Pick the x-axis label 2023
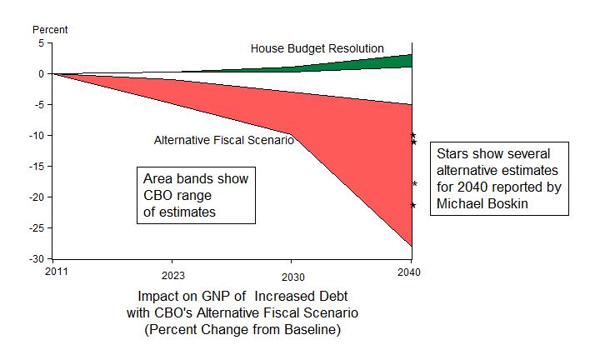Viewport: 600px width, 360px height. (174, 276)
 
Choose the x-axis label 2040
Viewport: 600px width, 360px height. (409, 272)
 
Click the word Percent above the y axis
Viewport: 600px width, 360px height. (50, 30)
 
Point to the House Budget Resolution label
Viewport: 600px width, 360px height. (317, 48)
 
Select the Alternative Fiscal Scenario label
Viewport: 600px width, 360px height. (223, 140)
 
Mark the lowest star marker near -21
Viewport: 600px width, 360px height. (413, 205)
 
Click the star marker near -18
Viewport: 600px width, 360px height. (414, 183)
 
